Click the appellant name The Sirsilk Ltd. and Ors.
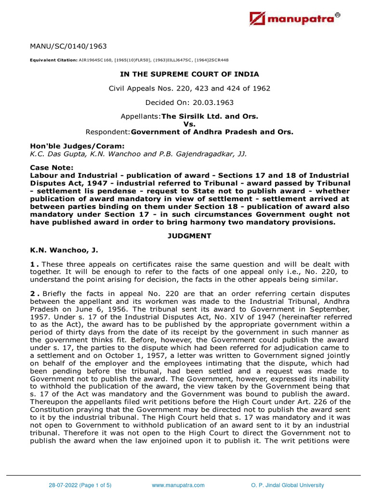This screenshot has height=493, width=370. click(x=210, y=117)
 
